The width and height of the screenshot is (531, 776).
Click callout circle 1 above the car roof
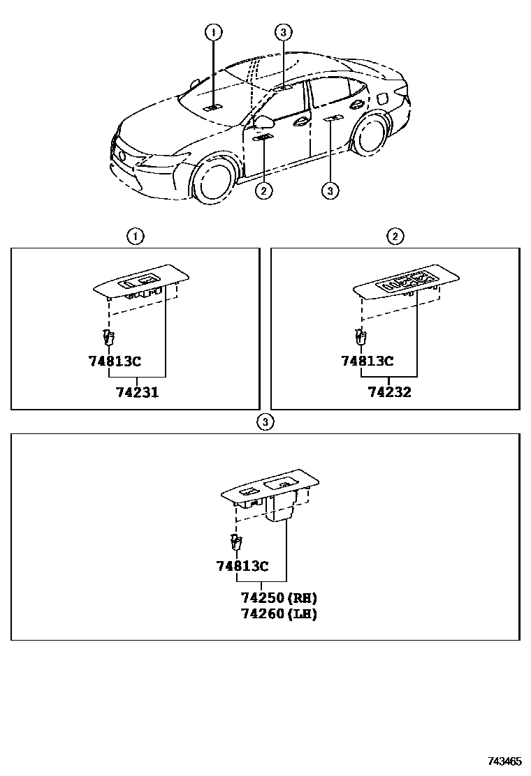tap(214, 31)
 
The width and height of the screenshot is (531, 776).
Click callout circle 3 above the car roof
tap(282, 31)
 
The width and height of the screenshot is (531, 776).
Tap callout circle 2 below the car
tap(263, 190)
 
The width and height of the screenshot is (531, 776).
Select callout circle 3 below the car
tap(330, 190)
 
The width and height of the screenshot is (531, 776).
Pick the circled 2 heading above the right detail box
tap(395, 237)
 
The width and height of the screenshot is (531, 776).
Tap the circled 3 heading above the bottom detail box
tap(264, 421)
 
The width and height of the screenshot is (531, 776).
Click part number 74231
tap(137, 392)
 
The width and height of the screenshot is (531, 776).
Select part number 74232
tap(389, 392)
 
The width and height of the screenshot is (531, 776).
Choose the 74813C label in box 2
tap(367, 361)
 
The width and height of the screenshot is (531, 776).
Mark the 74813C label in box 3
tap(242, 566)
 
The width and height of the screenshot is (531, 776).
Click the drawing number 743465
tap(504, 761)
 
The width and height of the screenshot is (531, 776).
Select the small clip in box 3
tap(235, 542)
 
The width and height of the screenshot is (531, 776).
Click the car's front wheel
tap(212, 179)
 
